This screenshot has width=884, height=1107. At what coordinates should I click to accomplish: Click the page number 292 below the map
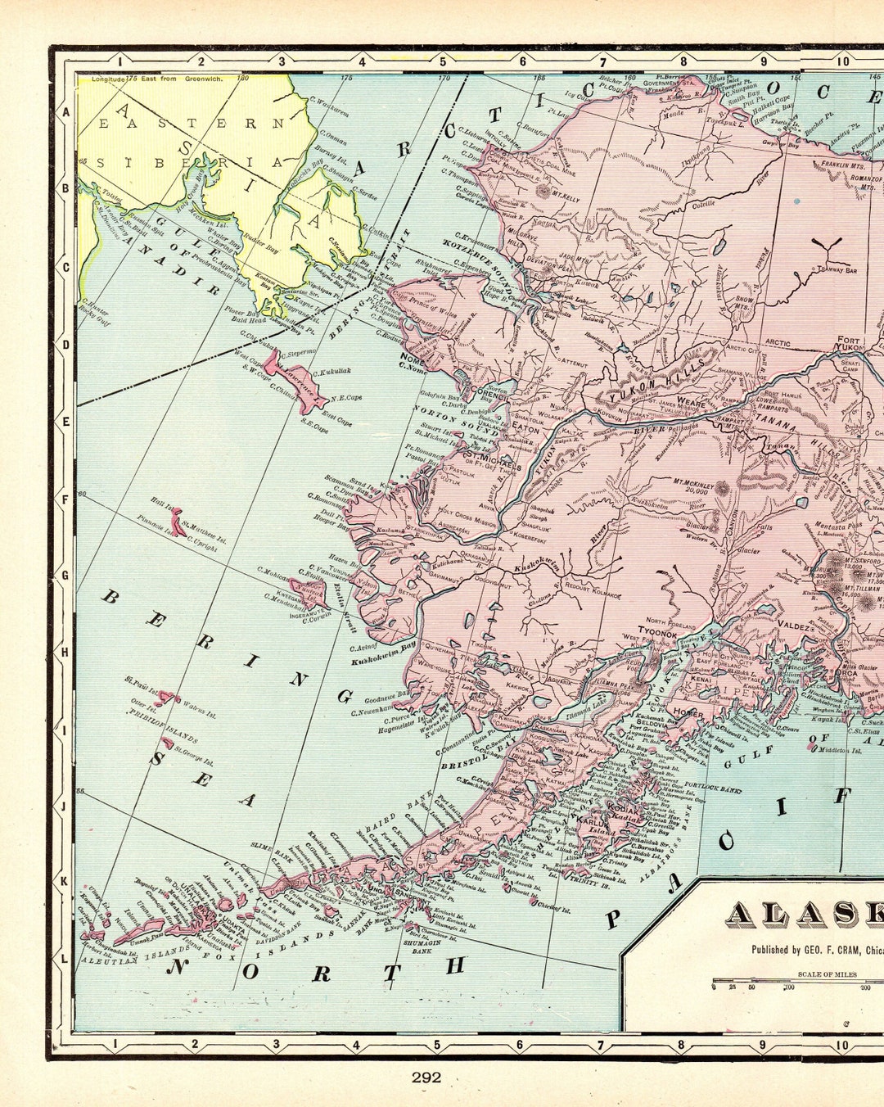[426, 1077]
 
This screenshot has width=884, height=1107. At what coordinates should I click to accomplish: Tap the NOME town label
[413, 357]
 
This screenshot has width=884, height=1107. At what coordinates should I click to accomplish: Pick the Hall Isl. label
[162, 507]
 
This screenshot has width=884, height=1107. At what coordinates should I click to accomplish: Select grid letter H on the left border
[64, 652]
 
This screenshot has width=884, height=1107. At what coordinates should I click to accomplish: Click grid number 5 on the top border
[442, 60]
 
